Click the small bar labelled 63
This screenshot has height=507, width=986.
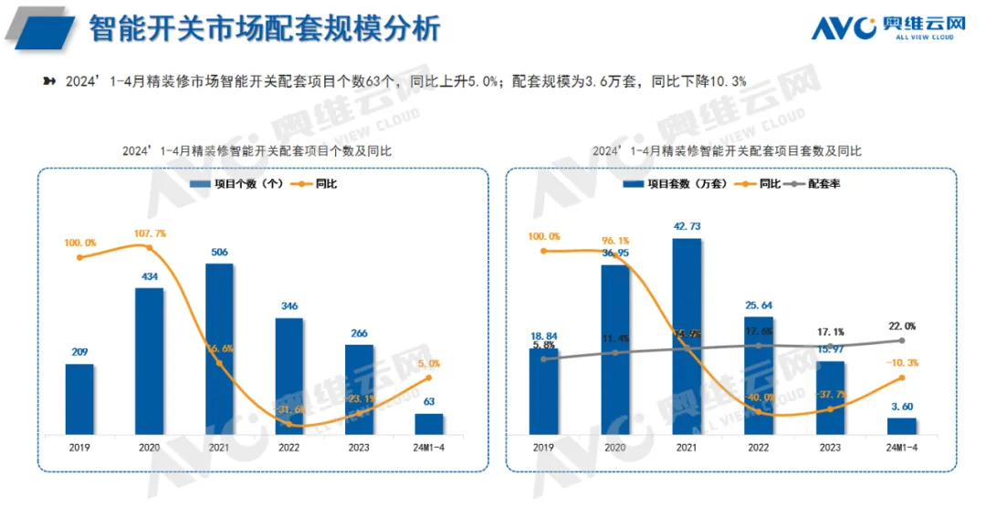coord(428,424)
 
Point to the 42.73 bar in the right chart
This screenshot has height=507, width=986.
coord(687,337)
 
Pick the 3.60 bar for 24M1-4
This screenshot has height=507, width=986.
coord(901,427)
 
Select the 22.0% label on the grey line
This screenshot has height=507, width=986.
coord(901,326)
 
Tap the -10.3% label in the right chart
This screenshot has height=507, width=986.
coord(901,362)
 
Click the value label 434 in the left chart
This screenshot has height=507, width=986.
coord(149,276)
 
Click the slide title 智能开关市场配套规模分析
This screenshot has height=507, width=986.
coord(265,29)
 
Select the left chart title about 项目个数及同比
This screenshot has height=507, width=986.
coord(257,150)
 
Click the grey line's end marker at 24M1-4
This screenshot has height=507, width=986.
coord(901,340)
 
